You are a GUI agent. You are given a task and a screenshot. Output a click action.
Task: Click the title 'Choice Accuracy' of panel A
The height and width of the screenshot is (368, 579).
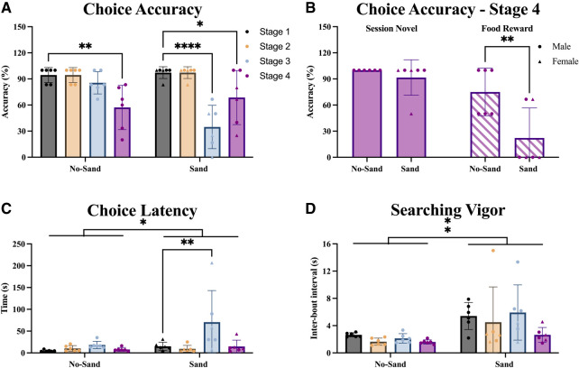141,13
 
